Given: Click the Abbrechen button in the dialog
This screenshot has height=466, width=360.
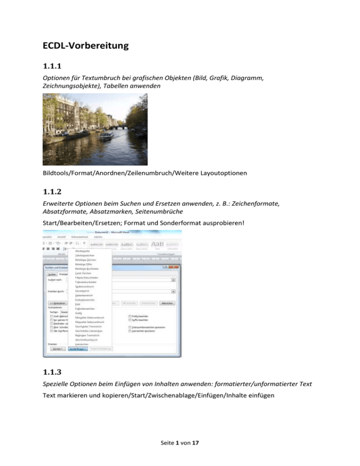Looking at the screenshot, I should (168, 303).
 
